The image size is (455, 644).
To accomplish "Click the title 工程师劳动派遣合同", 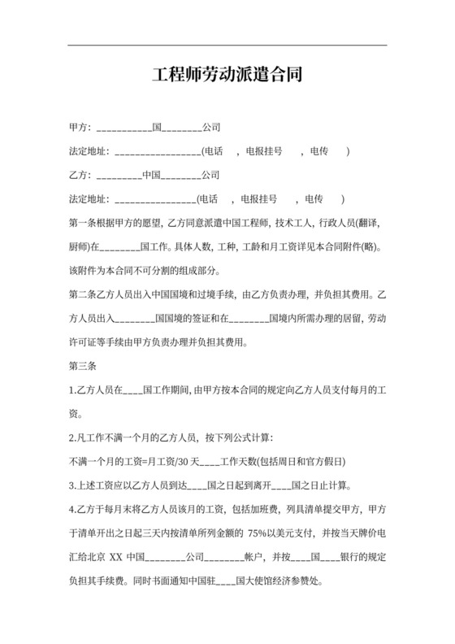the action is (x=227, y=76).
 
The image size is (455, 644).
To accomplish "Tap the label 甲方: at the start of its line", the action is (x=80, y=128).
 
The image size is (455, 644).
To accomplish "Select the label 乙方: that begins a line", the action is (x=80, y=175).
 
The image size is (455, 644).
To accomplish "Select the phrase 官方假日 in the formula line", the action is (x=331, y=461).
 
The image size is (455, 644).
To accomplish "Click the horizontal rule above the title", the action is (x=227, y=46).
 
